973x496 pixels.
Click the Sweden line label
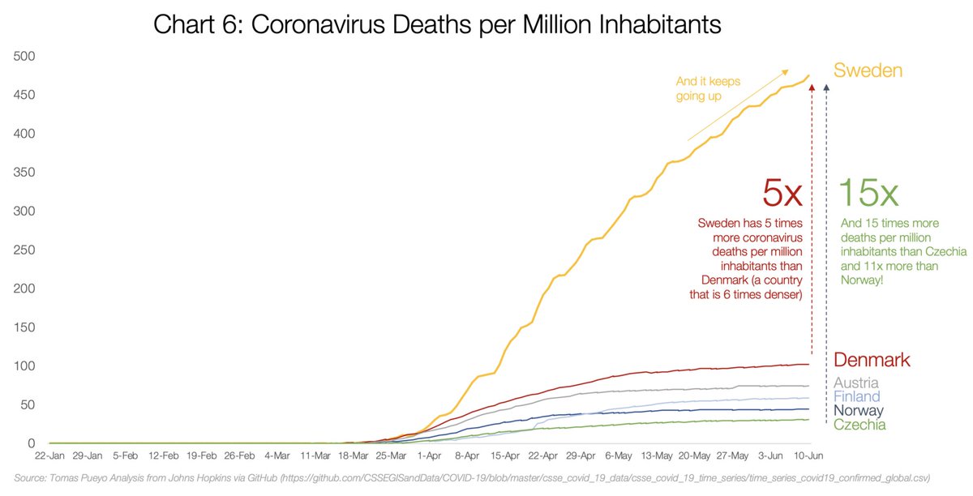868,71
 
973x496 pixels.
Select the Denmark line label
872,360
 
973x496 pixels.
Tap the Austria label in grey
856,383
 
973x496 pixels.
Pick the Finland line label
857,397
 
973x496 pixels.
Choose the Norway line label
859,411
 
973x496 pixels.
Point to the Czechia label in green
859,425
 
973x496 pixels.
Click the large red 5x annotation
782,193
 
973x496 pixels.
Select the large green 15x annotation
868,193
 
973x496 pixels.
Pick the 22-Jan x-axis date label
50,456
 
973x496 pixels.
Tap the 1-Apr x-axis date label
429,456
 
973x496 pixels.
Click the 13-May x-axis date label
657,456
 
